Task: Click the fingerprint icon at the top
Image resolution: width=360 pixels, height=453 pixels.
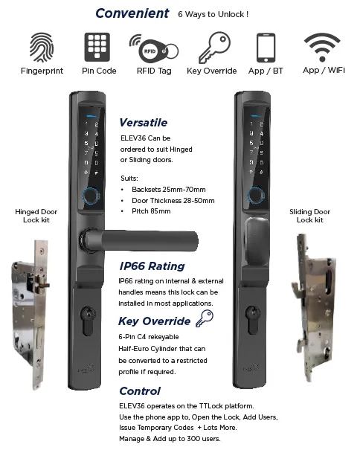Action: (x=42, y=47)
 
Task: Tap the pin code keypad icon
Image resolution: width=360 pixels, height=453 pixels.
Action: (x=97, y=47)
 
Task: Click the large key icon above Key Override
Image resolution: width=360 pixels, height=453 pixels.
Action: (x=214, y=47)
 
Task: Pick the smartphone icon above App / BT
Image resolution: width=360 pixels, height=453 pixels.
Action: (x=266, y=48)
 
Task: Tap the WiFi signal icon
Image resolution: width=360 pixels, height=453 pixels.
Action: (x=322, y=47)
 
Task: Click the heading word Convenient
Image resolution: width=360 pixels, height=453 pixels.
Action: (x=132, y=13)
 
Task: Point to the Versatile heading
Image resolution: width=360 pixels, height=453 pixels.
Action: (x=144, y=123)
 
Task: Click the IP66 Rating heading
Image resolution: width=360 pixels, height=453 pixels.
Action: (x=152, y=266)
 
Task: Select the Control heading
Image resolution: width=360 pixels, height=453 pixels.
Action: (x=140, y=391)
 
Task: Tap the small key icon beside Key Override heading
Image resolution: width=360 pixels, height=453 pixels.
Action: (x=205, y=318)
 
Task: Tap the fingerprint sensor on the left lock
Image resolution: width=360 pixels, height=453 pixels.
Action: (x=91, y=196)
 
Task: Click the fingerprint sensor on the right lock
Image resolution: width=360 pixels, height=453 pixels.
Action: (x=255, y=194)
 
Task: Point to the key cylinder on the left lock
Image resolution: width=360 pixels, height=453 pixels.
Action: (x=88, y=321)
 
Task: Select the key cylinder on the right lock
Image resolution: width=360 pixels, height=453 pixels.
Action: (x=252, y=320)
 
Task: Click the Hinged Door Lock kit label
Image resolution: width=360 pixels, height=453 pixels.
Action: (x=36, y=216)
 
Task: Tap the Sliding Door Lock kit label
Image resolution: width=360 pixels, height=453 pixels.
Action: (x=309, y=216)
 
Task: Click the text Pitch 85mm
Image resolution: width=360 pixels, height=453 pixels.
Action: (x=151, y=211)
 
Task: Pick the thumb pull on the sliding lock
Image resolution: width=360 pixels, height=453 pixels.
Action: (x=257, y=241)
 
